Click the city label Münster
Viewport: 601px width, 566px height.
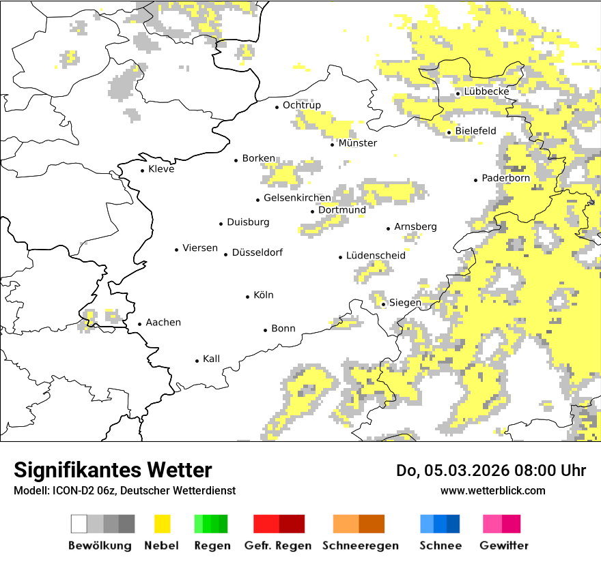click(358, 143)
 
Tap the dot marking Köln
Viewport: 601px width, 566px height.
click(248, 296)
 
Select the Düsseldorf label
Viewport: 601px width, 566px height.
click(257, 252)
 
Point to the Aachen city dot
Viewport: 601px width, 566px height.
click(139, 324)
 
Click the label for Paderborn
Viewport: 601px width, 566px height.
click(506, 178)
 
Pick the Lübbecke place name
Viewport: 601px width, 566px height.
click(486, 91)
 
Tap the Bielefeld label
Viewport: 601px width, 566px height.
click(476, 131)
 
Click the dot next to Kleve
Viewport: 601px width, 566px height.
click(143, 170)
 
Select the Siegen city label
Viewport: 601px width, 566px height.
click(405, 303)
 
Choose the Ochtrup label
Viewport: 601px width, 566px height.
click(302, 105)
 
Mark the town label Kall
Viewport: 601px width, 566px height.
click(211, 359)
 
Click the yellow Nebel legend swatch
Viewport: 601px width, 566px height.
click(162, 524)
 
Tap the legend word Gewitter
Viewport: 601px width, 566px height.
click(504, 546)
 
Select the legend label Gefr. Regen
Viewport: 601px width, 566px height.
click(278, 546)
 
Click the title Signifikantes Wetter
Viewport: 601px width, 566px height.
click(113, 470)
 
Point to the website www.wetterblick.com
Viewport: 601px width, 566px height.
click(493, 490)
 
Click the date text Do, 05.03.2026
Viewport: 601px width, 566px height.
click(455, 471)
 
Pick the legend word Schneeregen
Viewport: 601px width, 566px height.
click(361, 546)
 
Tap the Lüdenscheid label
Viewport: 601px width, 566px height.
click(376, 255)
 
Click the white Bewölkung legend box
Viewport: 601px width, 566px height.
click(79, 524)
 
